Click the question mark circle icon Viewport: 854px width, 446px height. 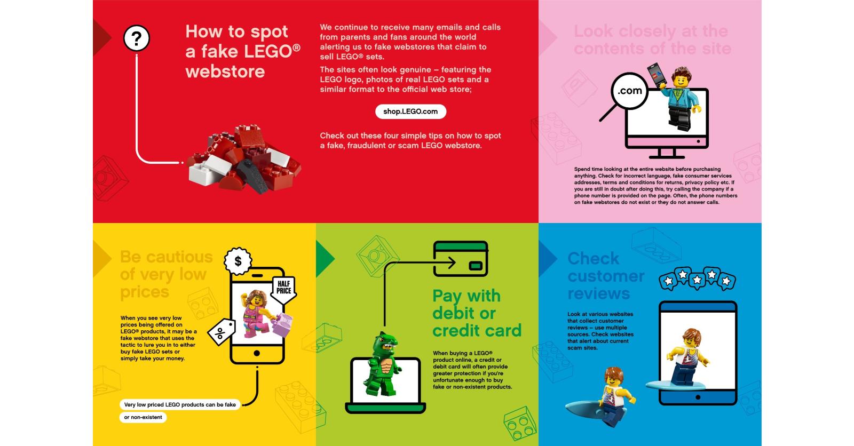(x=137, y=38)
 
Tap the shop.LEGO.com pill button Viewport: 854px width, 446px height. (x=410, y=111)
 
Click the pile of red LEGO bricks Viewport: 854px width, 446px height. (x=244, y=158)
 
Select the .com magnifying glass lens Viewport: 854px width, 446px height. (x=629, y=91)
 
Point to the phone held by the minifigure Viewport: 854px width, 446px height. (x=657, y=74)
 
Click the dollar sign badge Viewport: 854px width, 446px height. (x=238, y=261)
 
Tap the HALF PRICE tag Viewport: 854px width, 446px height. (x=283, y=289)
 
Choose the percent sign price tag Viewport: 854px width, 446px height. (x=222, y=332)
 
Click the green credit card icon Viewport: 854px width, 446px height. (x=461, y=258)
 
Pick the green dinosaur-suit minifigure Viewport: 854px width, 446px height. (x=382, y=364)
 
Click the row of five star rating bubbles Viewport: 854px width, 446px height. (x=697, y=278)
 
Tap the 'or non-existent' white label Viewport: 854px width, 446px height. (x=143, y=417)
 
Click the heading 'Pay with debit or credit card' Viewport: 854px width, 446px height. (x=477, y=313)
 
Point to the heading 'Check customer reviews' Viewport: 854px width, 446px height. (x=606, y=276)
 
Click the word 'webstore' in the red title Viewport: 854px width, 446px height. (x=225, y=71)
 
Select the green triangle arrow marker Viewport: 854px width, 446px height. (x=325, y=259)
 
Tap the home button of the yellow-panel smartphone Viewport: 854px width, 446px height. (x=257, y=353)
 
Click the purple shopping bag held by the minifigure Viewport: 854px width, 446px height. (x=282, y=325)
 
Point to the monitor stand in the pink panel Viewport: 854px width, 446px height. (x=667, y=153)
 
